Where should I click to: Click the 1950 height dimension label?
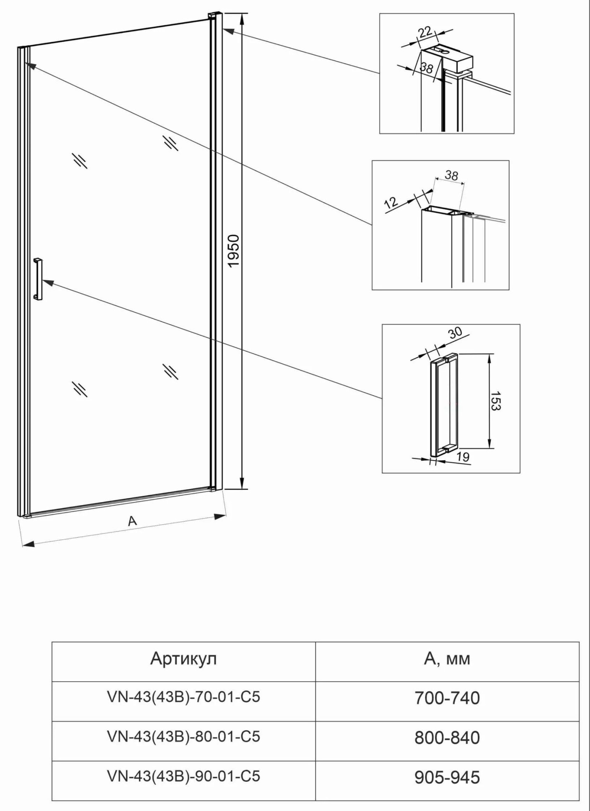click(x=234, y=251)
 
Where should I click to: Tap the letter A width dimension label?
click(x=132, y=521)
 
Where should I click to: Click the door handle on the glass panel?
click(x=38, y=279)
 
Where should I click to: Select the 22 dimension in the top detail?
click(x=425, y=32)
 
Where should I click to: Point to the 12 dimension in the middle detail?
click(x=391, y=202)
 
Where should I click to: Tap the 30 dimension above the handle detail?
click(x=455, y=333)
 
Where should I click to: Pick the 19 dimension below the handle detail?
click(x=462, y=457)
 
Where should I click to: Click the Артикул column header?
click(x=183, y=659)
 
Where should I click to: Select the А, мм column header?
click(x=447, y=659)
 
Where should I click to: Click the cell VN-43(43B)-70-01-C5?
click(x=183, y=697)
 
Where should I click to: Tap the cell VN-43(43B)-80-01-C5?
click(x=183, y=736)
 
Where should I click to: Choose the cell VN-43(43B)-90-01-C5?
click(x=183, y=776)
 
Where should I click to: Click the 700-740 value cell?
click(x=447, y=698)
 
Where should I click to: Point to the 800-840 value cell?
click(x=447, y=738)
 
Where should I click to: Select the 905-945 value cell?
click(x=447, y=777)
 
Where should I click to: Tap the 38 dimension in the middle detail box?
click(x=451, y=175)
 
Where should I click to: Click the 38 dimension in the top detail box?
click(x=426, y=68)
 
